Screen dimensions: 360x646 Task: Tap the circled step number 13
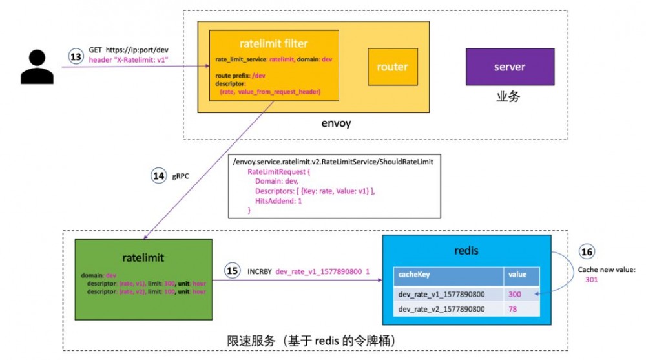[76, 57]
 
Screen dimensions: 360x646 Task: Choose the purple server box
[510, 67]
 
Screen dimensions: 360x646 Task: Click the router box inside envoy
[393, 67]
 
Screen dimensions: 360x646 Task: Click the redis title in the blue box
[466, 249]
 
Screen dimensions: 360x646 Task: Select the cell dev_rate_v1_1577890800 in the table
[442, 294]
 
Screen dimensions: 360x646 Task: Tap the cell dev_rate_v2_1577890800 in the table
[442, 310]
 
